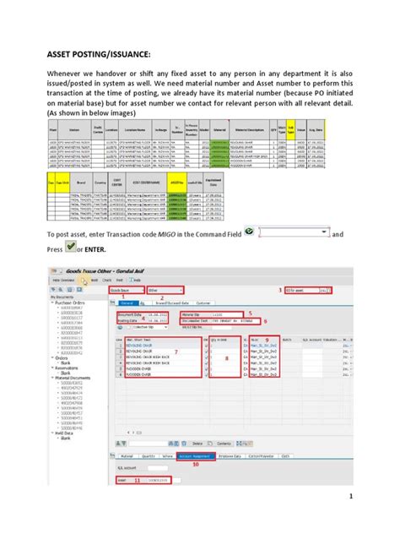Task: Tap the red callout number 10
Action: click(x=197, y=463)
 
